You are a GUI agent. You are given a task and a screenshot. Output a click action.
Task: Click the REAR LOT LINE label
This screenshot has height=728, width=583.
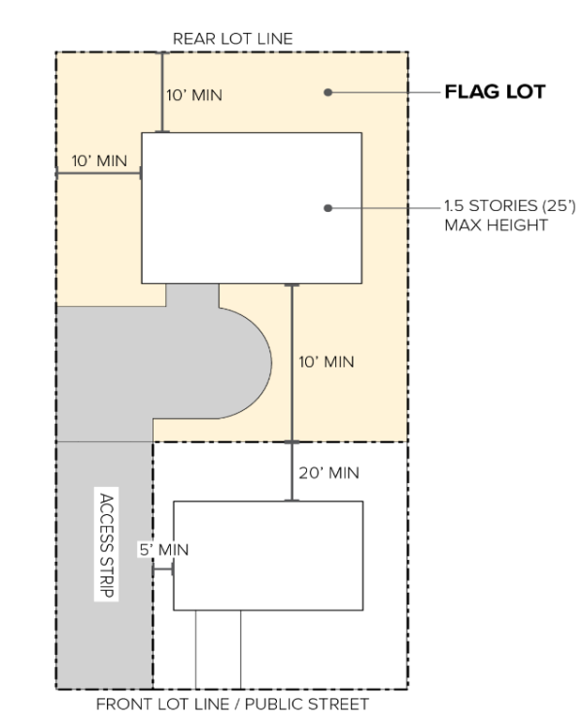232,39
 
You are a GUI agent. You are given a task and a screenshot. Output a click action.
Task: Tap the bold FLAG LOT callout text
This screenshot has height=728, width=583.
495,92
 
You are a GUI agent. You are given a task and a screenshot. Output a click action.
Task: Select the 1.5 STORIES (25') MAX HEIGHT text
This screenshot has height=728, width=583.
510,216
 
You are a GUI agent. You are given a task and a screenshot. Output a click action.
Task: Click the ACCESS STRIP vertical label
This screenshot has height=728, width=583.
106,545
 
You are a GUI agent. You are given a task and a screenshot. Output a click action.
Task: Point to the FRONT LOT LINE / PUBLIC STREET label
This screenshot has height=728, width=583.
232,704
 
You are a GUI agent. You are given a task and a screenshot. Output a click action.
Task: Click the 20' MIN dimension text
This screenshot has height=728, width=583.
329,473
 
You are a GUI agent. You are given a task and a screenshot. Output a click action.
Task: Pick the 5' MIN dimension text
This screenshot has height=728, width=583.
164,550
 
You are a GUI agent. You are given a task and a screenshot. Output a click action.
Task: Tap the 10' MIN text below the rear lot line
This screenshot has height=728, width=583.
194,95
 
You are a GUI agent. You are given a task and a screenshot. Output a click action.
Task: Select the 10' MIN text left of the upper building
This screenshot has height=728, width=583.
99,161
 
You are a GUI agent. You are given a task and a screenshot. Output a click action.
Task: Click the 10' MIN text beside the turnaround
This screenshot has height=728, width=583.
326,363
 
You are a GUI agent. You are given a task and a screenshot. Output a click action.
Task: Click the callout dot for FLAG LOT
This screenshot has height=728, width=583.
327,92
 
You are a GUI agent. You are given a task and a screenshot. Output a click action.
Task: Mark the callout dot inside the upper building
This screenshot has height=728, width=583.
327,208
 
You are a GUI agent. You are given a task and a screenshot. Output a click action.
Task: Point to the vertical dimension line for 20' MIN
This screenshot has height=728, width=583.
291,471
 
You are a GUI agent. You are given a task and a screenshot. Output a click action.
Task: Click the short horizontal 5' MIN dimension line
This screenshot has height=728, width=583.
163,570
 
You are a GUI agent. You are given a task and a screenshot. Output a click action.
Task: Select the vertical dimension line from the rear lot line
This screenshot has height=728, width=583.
162,92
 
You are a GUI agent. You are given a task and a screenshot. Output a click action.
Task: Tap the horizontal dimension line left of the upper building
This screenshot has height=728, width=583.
99,174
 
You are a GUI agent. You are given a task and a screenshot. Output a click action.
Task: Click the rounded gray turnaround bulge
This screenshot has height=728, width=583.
246,364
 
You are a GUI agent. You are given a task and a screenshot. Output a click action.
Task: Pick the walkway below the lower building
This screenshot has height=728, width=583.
219,649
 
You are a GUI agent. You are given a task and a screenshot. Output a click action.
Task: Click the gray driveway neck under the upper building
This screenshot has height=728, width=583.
192,295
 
